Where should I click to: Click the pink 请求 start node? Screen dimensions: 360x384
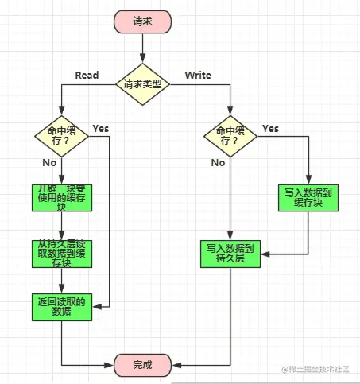click(x=142, y=21)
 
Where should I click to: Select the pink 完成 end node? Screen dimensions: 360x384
click(x=142, y=365)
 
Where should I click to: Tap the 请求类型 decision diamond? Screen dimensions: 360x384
click(x=142, y=84)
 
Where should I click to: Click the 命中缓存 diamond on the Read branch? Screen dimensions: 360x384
click(x=61, y=136)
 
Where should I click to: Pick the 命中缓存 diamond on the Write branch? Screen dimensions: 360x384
click(x=230, y=136)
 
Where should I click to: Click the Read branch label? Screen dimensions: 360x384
click(x=87, y=76)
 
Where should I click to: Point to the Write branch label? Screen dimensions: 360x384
click(x=198, y=76)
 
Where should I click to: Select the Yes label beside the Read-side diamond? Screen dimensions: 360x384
click(x=101, y=129)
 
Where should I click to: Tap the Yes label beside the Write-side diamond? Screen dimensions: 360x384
click(x=270, y=129)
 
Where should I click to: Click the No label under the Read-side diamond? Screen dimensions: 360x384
click(x=49, y=163)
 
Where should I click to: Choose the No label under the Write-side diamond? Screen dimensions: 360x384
click(x=218, y=163)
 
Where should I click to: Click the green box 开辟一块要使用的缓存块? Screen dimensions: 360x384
click(x=62, y=198)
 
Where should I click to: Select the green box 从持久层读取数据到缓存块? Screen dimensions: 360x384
click(x=62, y=254)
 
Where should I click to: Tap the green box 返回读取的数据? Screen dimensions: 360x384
click(x=62, y=307)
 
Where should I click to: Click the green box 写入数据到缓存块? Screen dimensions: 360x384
click(x=308, y=198)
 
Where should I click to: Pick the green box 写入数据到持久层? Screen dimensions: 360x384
click(x=230, y=254)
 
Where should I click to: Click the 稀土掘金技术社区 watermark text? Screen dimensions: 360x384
click(x=315, y=369)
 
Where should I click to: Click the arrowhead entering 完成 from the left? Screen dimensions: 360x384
click(x=109, y=365)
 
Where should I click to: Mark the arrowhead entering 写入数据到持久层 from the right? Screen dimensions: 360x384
click(x=265, y=254)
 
